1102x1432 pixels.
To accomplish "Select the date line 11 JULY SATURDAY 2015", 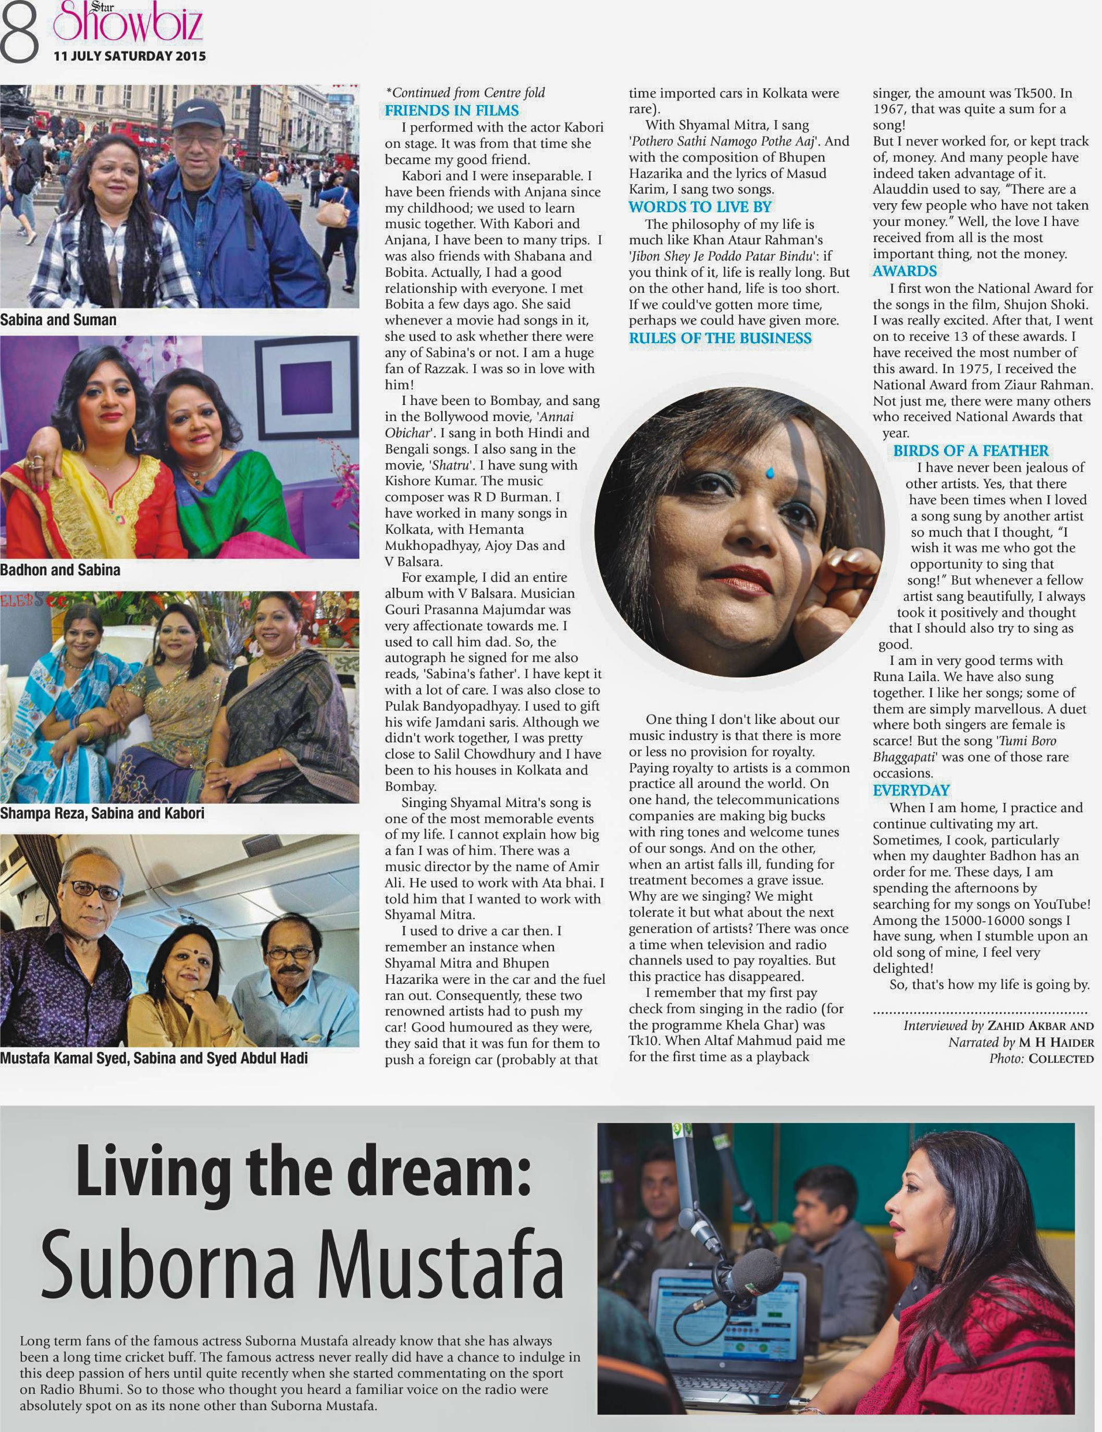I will click(x=130, y=56).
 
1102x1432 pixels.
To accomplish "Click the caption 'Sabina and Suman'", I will click(x=58, y=320).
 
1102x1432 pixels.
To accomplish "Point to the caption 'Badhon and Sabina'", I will click(x=60, y=570).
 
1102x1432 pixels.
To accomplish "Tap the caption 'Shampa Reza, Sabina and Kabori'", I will click(x=102, y=813).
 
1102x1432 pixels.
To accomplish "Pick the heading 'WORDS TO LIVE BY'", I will click(x=700, y=207).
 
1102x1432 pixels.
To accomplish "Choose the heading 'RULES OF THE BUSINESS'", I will click(x=720, y=338).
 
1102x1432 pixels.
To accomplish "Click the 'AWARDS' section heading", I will click(x=905, y=271).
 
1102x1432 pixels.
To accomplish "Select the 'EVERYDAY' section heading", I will click(x=911, y=790).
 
